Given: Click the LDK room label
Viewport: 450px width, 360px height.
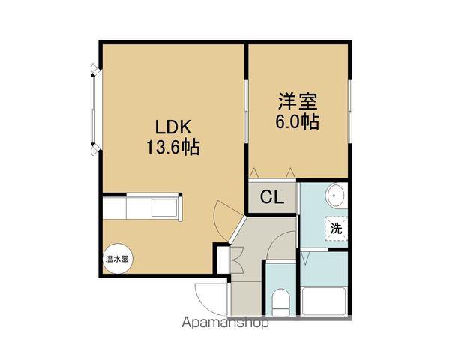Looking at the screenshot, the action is pos(173,127).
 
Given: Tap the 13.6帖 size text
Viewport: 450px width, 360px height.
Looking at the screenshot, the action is pos(173,147).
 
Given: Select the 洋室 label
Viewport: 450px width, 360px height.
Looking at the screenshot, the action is pos(298,101).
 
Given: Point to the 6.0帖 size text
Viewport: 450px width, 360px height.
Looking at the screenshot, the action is pos(298,122).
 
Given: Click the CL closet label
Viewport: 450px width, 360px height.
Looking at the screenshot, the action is pos(272,197).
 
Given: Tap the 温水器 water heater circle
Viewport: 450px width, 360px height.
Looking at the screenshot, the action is pos(118,259).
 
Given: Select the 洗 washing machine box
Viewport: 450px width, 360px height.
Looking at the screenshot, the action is pos(336,228).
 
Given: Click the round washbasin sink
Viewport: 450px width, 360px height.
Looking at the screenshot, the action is pos(336,196).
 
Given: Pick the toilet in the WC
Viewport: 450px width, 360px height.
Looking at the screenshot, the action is pos(281,301).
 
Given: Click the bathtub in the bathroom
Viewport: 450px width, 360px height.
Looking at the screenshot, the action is pos(324,301).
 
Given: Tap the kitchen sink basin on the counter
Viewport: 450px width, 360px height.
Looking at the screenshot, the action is pos(164,208).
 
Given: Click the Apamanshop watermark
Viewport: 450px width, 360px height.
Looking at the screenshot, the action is pos(225,322).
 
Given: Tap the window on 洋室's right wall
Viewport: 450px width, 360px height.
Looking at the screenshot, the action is pos(349,111).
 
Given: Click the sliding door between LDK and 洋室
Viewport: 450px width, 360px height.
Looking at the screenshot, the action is pos(246,111).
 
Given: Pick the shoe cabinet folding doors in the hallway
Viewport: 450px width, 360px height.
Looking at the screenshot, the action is pos(237,259).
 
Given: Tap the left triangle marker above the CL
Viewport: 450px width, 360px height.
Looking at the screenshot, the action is pos(254,173).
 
